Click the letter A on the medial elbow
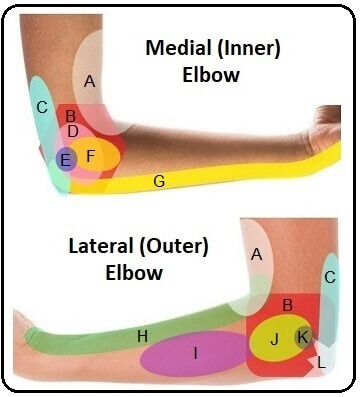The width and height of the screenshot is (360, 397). click(x=89, y=83)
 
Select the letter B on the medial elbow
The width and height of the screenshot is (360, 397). click(x=71, y=116)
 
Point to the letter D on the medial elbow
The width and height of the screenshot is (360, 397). click(x=73, y=131)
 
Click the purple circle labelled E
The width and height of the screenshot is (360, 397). click(x=66, y=158)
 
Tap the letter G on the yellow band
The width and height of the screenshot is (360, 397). click(x=158, y=181)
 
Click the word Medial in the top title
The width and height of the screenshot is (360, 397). click(x=179, y=47)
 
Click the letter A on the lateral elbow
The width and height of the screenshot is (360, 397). click(x=256, y=255)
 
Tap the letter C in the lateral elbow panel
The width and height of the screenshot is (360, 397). click(x=331, y=264)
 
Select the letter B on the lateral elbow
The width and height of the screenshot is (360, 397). click(x=287, y=303)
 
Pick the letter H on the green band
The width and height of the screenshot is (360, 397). click(x=142, y=337)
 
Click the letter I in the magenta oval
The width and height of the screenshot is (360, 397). click(x=196, y=353)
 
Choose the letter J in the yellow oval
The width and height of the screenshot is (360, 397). click(x=274, y=340)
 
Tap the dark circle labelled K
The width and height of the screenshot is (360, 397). click(x=301, y=337)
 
